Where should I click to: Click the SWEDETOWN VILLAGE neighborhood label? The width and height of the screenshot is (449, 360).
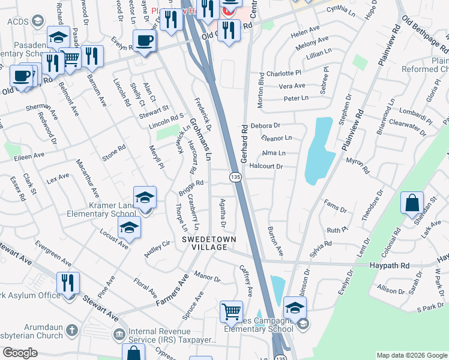(209, 243)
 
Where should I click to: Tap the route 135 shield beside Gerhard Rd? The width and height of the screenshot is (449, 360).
(235, 177)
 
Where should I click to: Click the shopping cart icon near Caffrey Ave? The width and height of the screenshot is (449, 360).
(231, 312)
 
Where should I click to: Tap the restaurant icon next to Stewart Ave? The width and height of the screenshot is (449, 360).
(68, 283)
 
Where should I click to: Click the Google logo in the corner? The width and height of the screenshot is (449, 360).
(20, 352)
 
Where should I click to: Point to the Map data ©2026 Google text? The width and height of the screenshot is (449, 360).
(412, 355)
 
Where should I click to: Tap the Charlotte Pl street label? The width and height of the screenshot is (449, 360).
(284, 73)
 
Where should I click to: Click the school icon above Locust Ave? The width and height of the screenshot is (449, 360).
(128, 227)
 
